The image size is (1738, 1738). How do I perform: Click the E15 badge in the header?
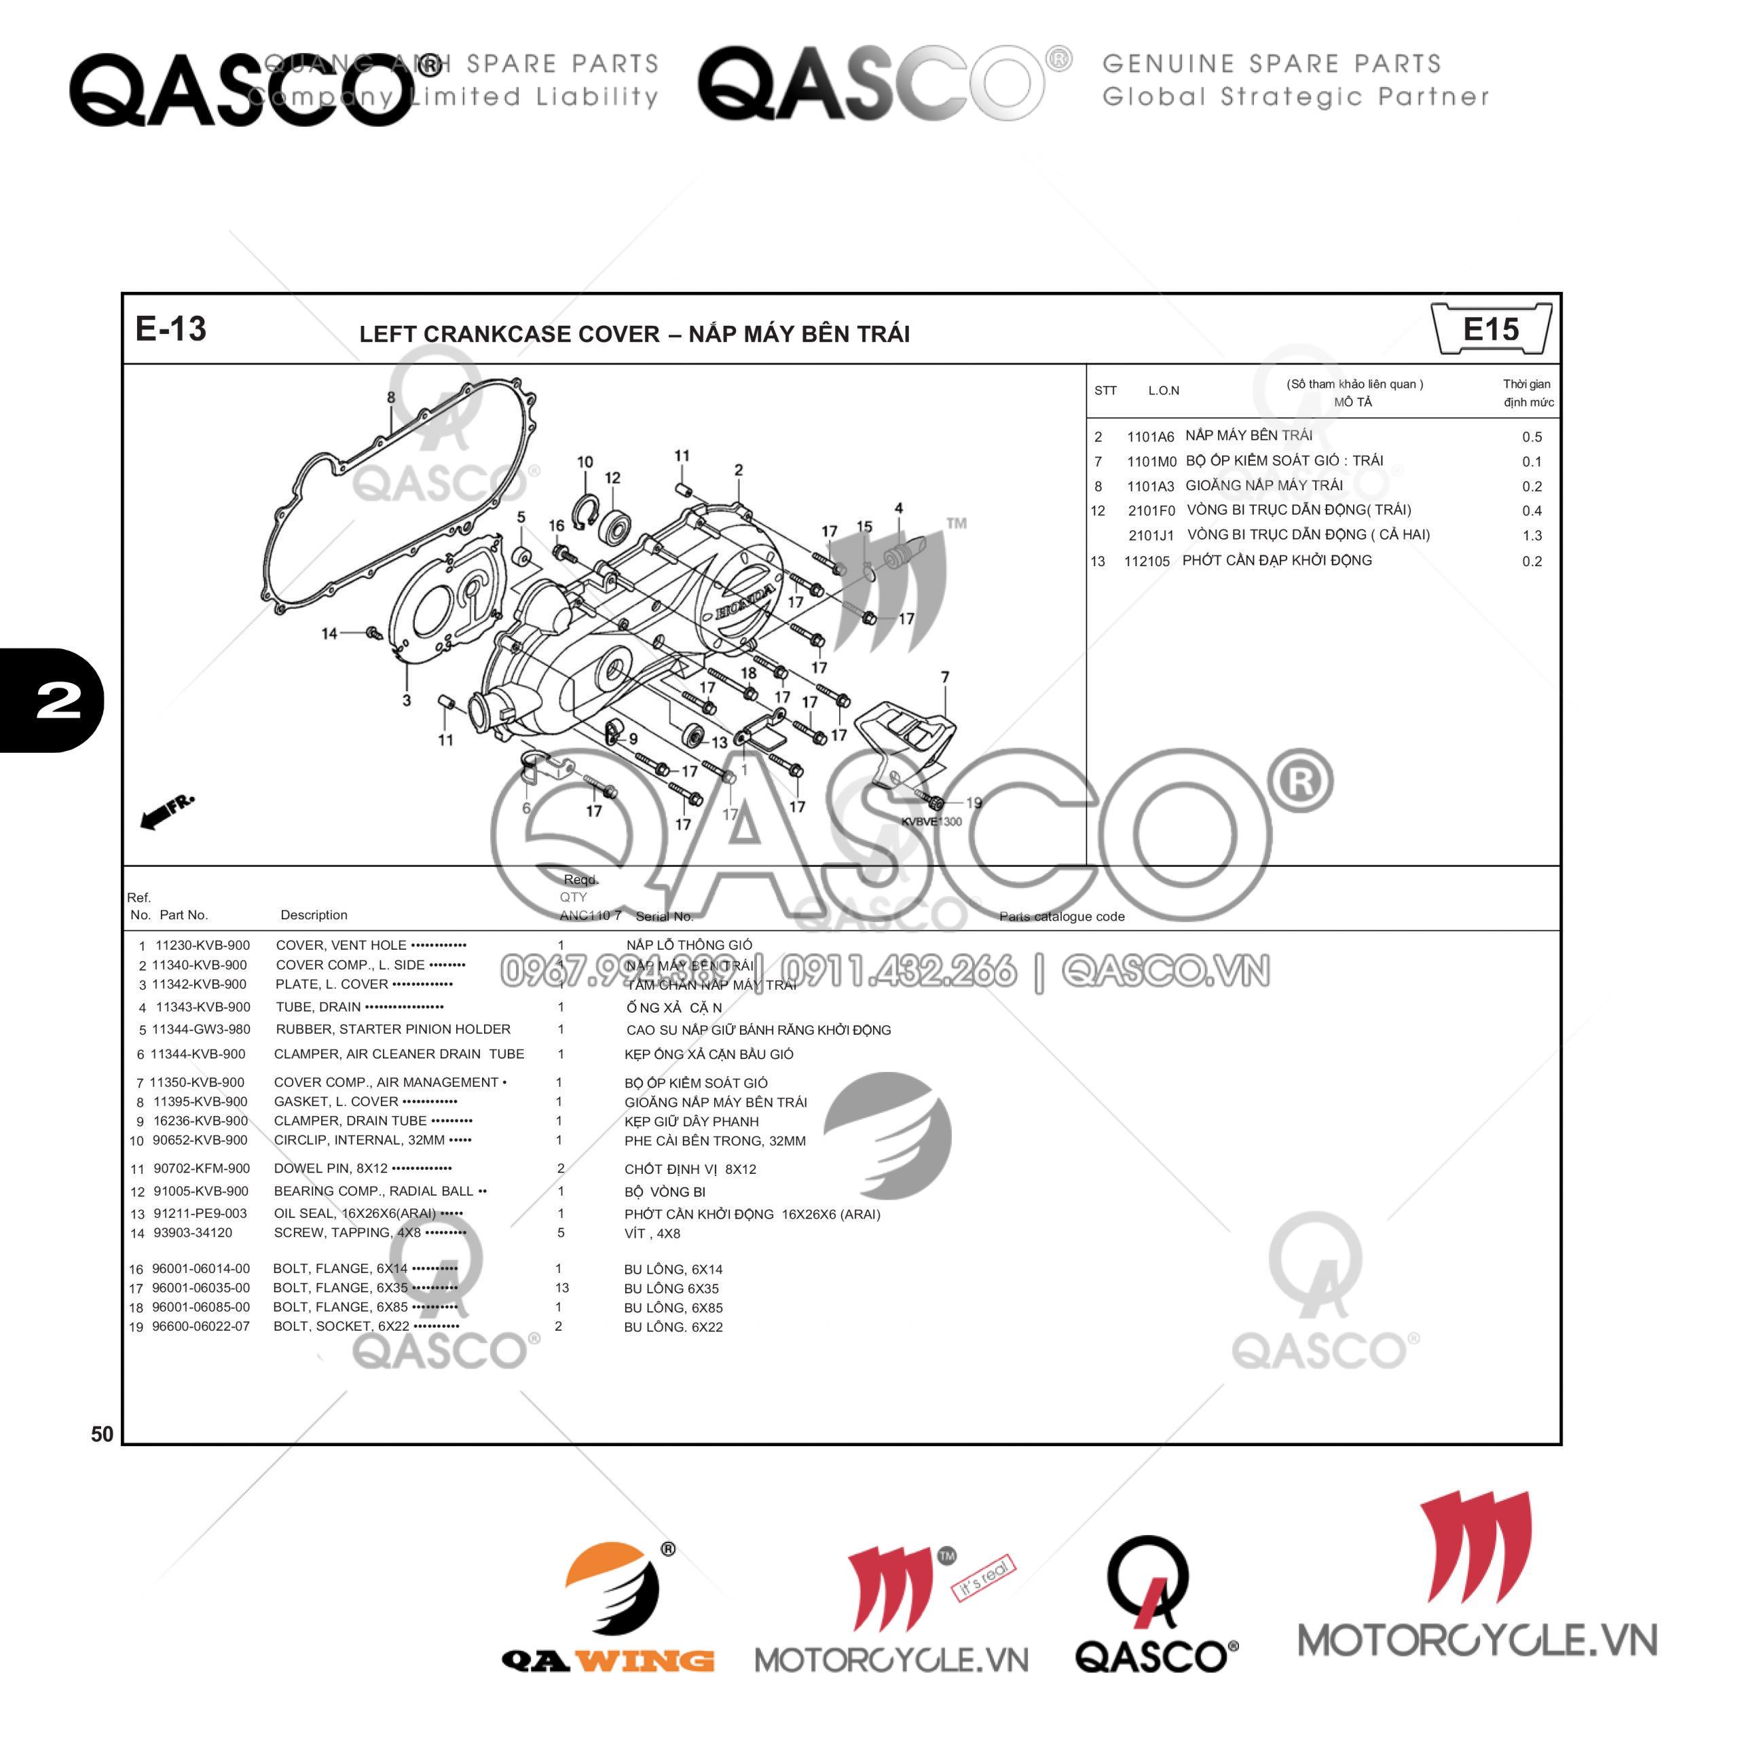tap(1491, 329)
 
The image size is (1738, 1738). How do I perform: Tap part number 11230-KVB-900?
tap(202, 946)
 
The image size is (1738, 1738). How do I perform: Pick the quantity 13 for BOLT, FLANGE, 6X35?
tap(562, 1287)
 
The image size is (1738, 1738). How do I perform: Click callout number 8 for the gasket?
tap(391, 398)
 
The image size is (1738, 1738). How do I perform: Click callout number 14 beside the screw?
tap(329, 633)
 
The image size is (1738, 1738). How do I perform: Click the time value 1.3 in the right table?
tap(1532, 535)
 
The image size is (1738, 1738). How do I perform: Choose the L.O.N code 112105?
tap(1146, 561)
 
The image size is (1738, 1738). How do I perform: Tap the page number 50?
tap(103, 1434)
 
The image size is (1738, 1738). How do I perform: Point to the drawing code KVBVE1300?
tap(931, 821)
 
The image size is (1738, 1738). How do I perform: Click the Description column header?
tap(313, 915)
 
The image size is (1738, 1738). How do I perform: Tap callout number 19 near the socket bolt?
tap(974, 802)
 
